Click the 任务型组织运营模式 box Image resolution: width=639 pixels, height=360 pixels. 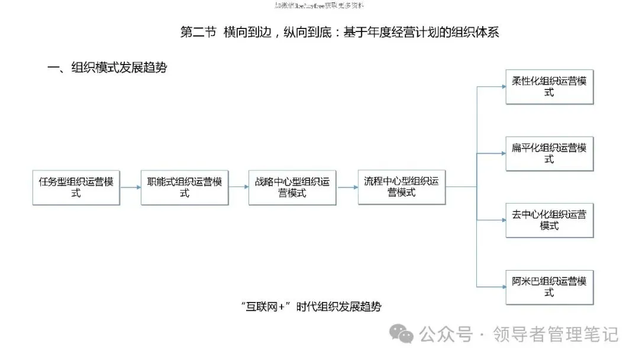[x=76, y=188]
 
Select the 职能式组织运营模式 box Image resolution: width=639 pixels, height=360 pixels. [x=185, y=188]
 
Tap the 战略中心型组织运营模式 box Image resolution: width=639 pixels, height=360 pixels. [x=292, y=188]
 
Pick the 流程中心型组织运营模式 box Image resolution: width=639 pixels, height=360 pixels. [x=402, y=187]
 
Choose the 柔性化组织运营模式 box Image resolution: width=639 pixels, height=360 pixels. [x=550, y=87]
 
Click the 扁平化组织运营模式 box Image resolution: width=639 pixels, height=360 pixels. [x=550, y=154]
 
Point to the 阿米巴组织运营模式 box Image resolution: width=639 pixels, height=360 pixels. [x=550, y=287]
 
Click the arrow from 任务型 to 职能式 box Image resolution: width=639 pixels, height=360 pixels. [x=130, y=187]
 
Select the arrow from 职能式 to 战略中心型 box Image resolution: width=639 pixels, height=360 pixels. [x=238, y=187]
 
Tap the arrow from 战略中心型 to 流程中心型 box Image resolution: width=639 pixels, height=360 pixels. [x=347, y=187]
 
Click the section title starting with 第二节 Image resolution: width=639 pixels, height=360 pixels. [x=340, y=32]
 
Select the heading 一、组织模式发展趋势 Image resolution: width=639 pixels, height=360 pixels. [x=107, y=67]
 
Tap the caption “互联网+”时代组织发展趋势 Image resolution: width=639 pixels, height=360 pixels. [x=311, y=307]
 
